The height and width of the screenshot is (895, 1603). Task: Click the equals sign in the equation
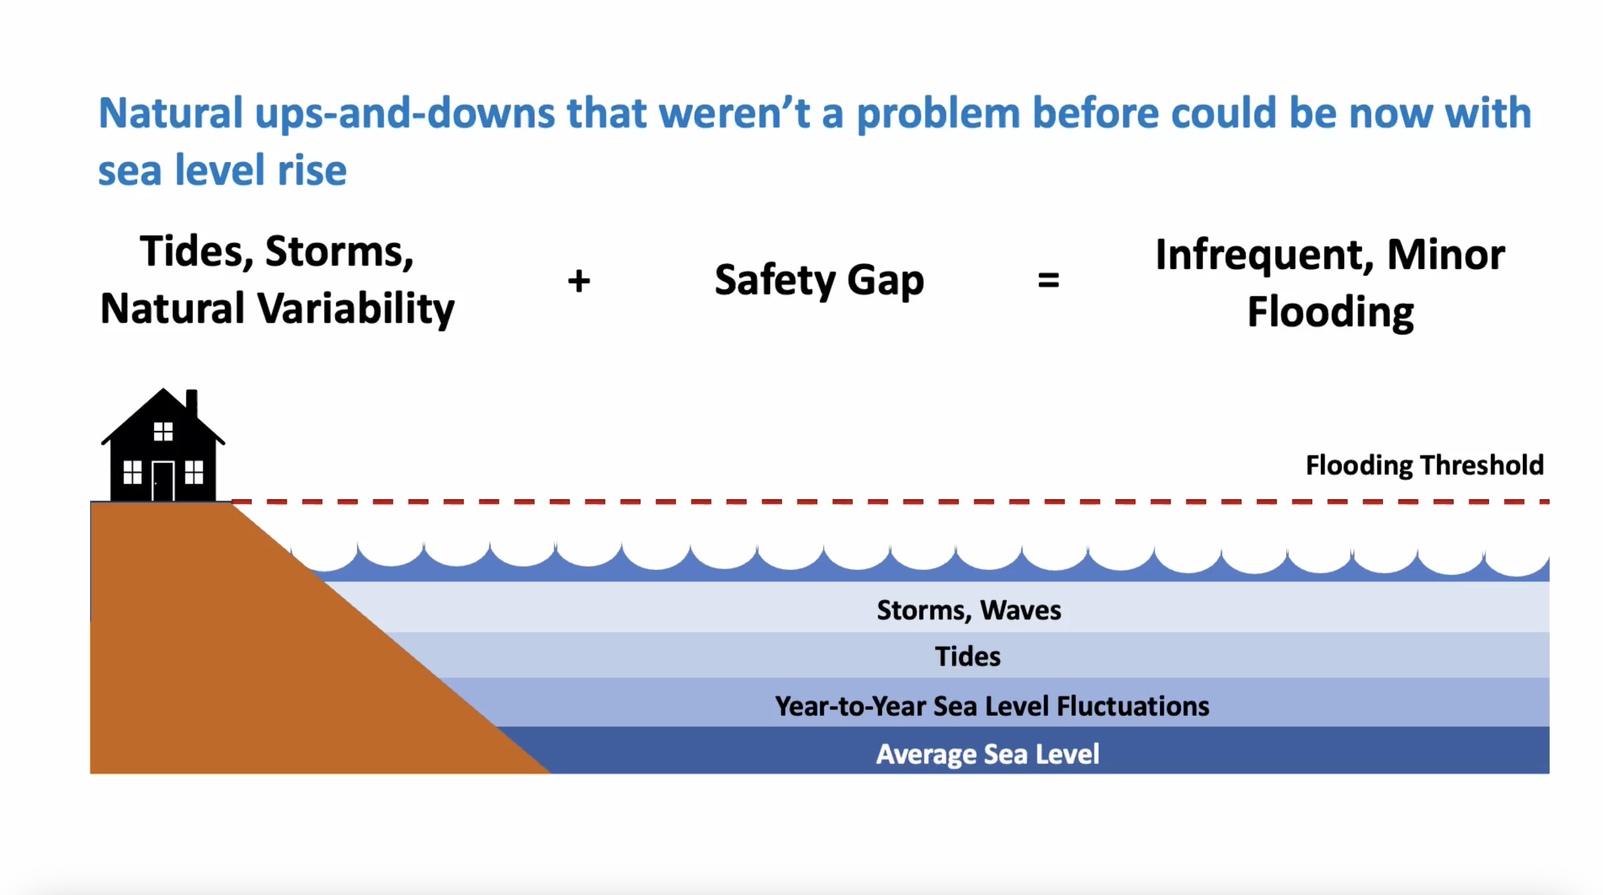[1048, 281]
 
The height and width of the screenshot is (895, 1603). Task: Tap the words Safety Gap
[819, 280]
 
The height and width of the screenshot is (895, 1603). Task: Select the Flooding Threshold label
[1424, 465]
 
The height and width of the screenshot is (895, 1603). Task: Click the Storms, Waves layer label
[969, 610]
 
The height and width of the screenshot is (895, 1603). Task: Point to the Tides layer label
[968, 656]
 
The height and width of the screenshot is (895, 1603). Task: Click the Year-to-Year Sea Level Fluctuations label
[992, 706]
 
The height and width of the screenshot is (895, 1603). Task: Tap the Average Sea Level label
[988, 754]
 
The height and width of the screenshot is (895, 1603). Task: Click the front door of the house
[163, 481]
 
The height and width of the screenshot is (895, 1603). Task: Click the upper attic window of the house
[163, 431]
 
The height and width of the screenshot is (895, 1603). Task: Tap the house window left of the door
[132, 472]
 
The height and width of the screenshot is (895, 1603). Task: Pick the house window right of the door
[194, 472]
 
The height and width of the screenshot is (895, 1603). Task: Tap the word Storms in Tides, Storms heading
[339, 252]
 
